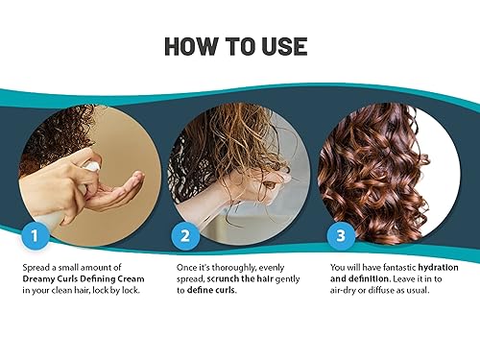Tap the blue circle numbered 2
186,232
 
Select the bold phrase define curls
213,290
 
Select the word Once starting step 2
189,265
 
